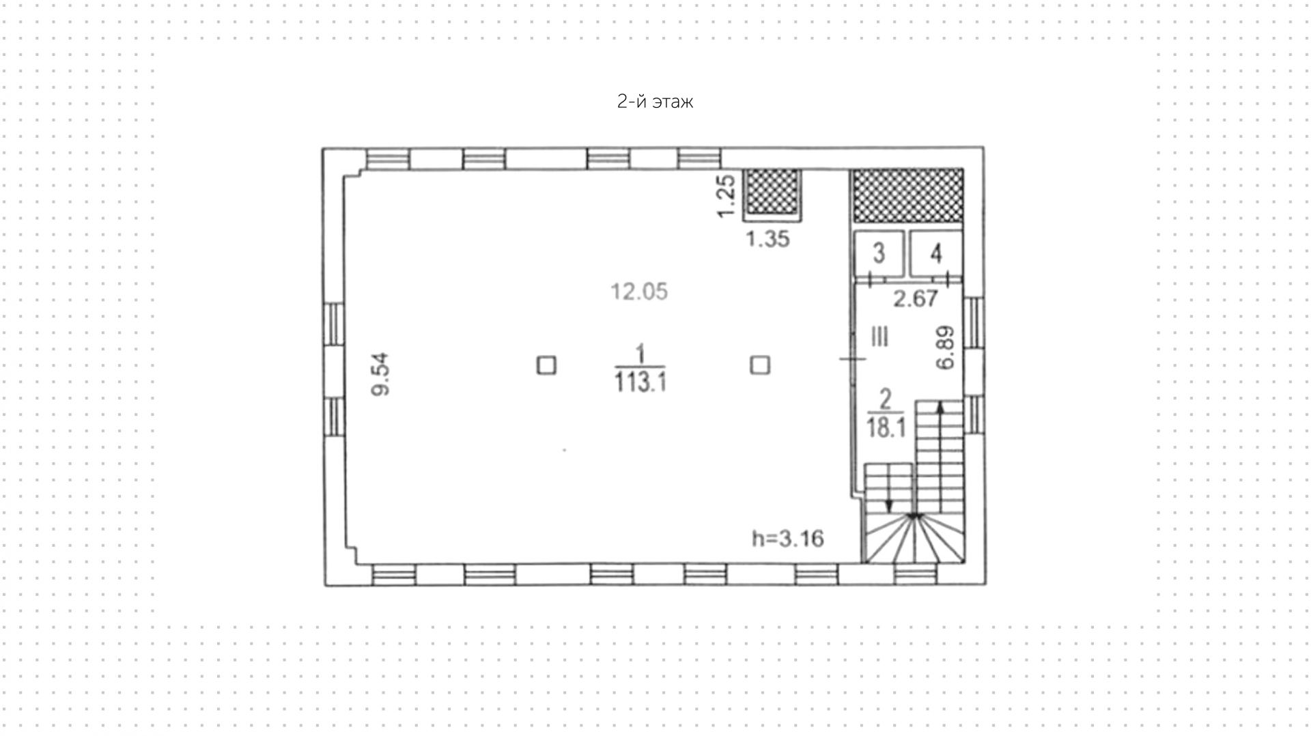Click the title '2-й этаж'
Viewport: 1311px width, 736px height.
tap(655, 102)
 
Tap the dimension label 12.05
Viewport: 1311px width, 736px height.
tap(639, 292)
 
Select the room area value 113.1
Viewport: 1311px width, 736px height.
tap(640, 382)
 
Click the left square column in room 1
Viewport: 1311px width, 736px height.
tap(546, 365)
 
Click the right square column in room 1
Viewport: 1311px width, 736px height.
tap(760, 365)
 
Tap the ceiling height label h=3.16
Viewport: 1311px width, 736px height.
tap(788, 539)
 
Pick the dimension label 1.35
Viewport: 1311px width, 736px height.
tap(767, 239)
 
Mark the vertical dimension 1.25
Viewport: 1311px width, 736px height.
tap(726, 197)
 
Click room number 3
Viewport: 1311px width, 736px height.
tap(879, 253)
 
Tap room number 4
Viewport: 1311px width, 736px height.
tap(936, 253)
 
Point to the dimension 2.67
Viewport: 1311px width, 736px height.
tap(916, 298)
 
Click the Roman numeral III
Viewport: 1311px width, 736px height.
tap(880, 337)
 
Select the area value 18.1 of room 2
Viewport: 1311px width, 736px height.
tap(886, 428)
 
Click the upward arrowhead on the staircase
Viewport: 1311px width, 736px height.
tap(940, 407)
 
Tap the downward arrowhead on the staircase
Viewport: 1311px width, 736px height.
tap(889, 506)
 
